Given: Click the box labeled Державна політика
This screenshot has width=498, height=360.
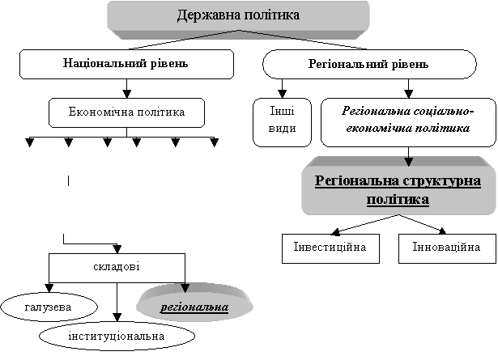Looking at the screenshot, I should click(x=238, y=15).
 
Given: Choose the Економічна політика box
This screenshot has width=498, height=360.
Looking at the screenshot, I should click(x=126, y=112).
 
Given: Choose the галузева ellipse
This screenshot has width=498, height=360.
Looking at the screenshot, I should click(x=47, y=307).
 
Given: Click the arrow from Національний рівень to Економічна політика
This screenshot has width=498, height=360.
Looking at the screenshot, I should click(x=126, y=88).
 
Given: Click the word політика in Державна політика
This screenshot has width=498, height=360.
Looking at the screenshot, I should click(x=270, y=15).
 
